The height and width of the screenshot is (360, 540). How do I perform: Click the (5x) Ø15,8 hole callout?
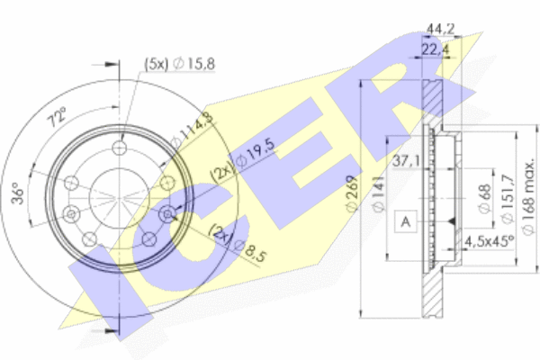pos(179,64)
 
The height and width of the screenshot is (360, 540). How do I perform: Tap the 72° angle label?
pos(57,117)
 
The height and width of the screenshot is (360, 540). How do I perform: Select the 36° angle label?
pos(18,195)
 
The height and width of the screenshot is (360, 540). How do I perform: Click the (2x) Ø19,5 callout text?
pos(244,159)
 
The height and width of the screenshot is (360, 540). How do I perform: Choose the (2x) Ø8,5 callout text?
pos(238,242)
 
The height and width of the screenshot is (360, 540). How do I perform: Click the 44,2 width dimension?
pos(440,29)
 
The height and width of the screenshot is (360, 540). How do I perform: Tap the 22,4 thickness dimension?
pos(436,50)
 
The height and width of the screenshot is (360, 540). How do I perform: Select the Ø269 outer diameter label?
pos(352,193)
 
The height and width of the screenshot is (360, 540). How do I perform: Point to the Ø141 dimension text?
pos(378,194)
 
